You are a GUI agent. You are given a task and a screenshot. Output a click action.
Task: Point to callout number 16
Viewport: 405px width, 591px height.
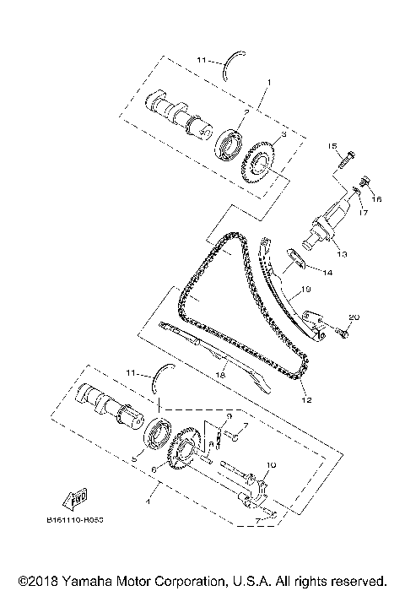(x=377, y=199)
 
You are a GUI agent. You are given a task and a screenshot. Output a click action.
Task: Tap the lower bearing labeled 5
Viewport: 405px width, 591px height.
(x=157, y=436)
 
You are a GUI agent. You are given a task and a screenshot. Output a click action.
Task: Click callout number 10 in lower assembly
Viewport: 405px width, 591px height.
(x=272, y=465)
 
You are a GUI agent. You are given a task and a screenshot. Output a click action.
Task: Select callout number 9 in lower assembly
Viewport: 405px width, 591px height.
(x=228, y=416)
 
